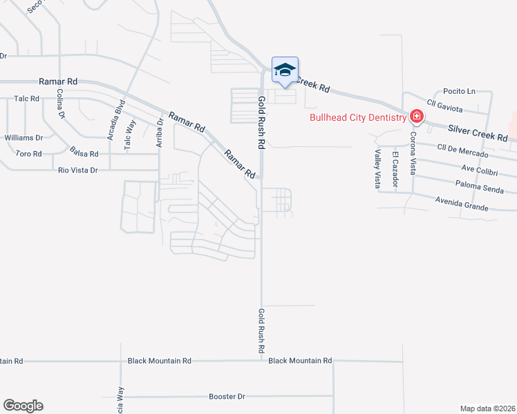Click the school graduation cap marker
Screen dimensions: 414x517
point(285,70)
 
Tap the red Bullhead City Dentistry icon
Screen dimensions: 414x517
point(416,116)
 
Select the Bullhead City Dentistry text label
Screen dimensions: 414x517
point(357,118)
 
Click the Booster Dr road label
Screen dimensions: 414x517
point(227,397)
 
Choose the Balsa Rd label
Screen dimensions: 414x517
point(84,150)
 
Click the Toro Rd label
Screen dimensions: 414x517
point(28,153)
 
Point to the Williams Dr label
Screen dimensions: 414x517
point(23,137)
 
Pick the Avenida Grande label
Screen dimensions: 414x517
point(462,204)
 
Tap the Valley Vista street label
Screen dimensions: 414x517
point(377,169)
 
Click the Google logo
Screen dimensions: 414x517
point(23,406)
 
